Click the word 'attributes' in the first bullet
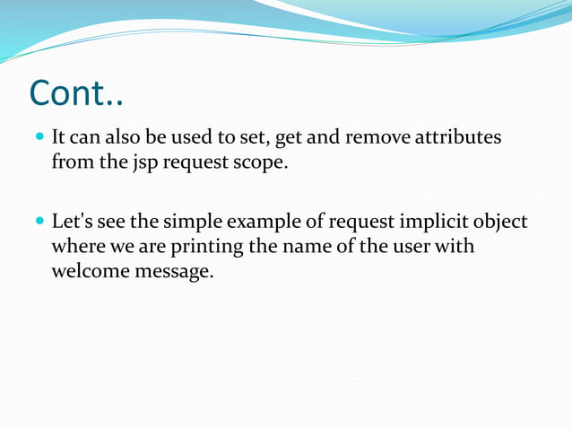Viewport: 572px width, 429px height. click(x=457, y=138)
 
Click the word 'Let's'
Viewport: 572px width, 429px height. click(x=72, y=221)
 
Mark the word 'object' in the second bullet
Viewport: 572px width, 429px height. click(x=502, y=221)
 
